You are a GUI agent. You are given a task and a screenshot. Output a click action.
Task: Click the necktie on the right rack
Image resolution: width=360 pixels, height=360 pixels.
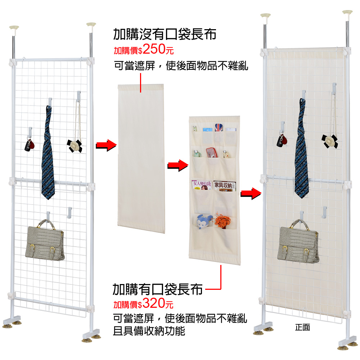click(301, 149)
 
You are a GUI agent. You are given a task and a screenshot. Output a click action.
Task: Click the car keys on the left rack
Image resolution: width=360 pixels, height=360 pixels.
click(30, 145)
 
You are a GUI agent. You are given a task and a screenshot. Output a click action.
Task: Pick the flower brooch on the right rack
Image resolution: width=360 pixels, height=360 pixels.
click(330, 141)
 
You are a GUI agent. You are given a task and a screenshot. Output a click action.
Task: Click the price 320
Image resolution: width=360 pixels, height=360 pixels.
click(154, 303)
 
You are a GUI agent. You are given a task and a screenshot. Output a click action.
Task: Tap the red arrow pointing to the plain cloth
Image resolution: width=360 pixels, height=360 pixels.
click(106, 145)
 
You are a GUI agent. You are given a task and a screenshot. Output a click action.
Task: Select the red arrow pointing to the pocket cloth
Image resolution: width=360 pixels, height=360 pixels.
click(178, 165)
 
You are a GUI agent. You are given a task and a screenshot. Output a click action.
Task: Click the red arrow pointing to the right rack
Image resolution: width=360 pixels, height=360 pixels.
click(251, 194)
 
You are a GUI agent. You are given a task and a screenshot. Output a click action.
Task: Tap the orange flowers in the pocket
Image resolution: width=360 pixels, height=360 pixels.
click(223, 221)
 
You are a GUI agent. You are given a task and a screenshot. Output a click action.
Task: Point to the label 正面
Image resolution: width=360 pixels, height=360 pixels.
click(302, 327)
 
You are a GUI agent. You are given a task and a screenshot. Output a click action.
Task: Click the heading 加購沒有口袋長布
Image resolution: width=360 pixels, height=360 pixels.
click(165, 35)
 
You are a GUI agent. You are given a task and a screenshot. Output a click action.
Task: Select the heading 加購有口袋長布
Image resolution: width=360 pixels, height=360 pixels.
click(158, 289)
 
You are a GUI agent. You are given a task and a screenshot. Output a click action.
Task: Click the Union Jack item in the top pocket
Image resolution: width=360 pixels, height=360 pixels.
click(219, 128)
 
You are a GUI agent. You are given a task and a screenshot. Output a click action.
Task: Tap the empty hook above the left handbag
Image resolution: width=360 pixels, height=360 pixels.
click(69, 212)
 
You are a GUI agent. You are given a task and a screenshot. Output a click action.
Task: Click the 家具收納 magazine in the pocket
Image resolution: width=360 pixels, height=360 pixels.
click(225, 185)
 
